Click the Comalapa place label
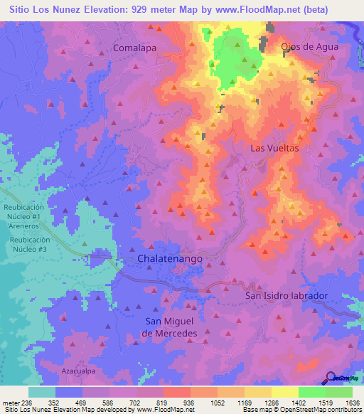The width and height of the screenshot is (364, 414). [x=134, y=48]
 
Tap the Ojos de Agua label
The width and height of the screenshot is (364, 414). [x=309, y=46]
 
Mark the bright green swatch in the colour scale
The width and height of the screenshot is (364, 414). [x=311, y=392]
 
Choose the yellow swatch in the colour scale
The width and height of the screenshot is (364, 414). [x=284, y=392]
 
